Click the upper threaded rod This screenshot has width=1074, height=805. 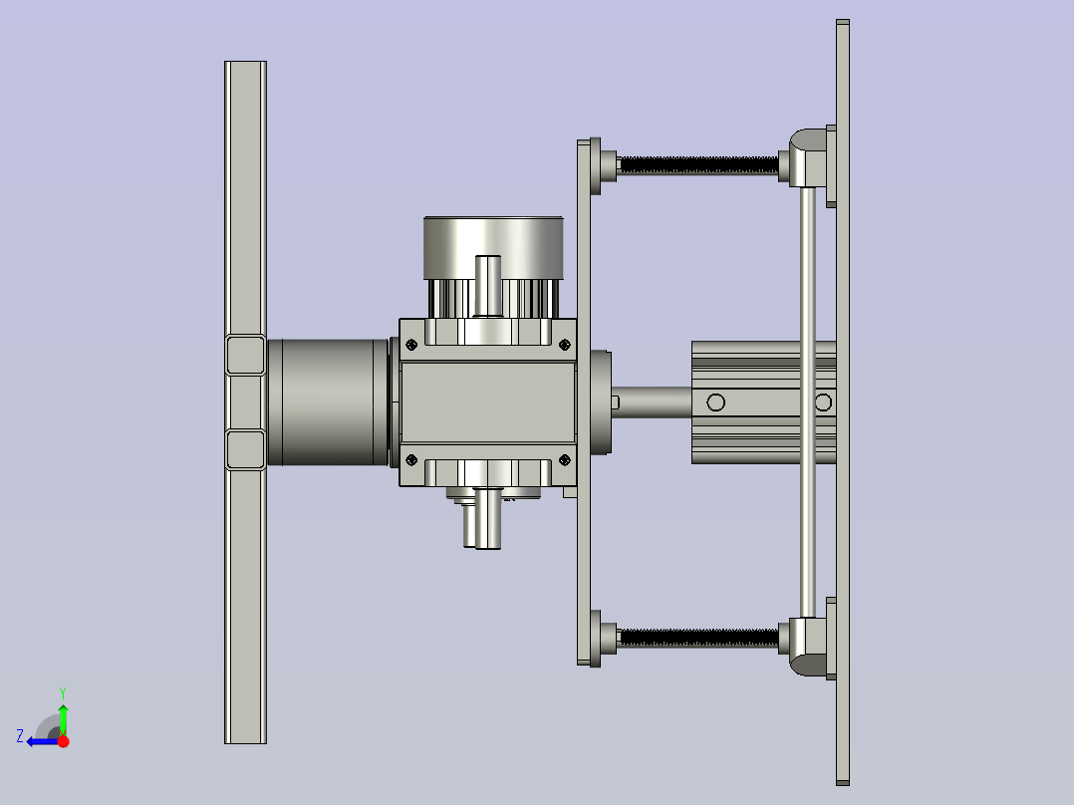point(698,165)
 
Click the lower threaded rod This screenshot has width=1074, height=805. point(698,638)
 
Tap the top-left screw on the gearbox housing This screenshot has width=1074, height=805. point(410,345)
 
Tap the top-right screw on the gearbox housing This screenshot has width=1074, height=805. point(564,345)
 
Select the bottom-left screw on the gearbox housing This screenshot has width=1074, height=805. point(410,459)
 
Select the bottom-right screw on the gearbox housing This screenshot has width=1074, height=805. point(564,459)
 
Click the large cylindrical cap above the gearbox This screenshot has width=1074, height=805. point(493,248)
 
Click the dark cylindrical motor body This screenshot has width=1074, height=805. point(329,402)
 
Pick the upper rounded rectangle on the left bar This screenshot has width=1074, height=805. point(245,355)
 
